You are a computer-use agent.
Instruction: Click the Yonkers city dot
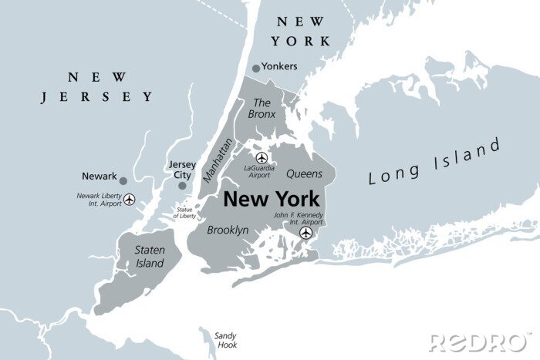pyautogui.click(x=256, y=68)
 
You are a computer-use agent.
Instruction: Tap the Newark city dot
pyautogui.click(x=123, y=180)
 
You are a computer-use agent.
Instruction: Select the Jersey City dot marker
pyautogui.click(x=182, y=185)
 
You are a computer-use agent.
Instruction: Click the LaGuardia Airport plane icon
pyautogui.click(x=262, y=158)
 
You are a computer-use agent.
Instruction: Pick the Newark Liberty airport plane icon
pyautogui.click(x=129, y=200)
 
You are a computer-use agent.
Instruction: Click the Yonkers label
pyautogui.click(x=279, y=66)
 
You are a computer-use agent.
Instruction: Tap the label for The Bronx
pyautogui.click(x=262, y=108)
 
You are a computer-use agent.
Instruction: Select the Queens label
pyautogui.click(x=303, y=174)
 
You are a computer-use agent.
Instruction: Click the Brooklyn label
pyautogui.click(x=228, y=230)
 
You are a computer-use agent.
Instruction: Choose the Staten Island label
pyautogui.click(x=149, y=257)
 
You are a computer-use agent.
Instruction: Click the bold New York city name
pyautogui.click(x=271, y=199)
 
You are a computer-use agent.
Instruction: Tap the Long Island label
pyautogui.click(x=434, y=161)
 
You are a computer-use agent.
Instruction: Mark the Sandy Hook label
pyautogui.click(x=225, y=341)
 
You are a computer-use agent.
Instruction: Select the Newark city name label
pyautogui.click(x=99, y=176)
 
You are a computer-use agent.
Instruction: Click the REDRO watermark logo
pyautogui.click(x=479, y=342)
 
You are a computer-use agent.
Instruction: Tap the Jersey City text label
pyautogui.click(x=182, y=170)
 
